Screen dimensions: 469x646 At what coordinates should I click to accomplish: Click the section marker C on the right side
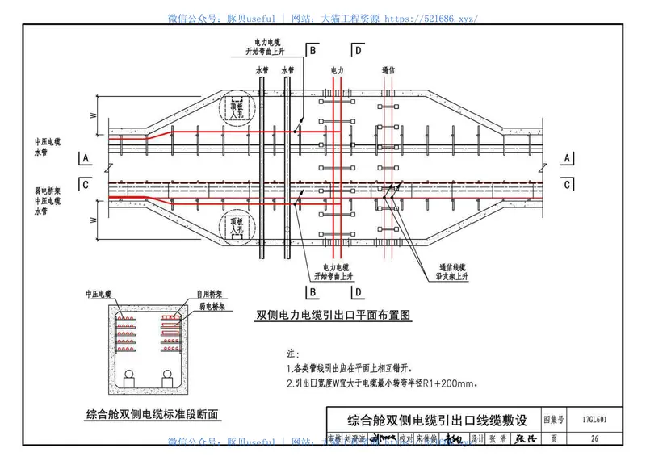click(x=568, y=184)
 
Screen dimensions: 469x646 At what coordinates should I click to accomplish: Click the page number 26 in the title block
click(x=594, y=439)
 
